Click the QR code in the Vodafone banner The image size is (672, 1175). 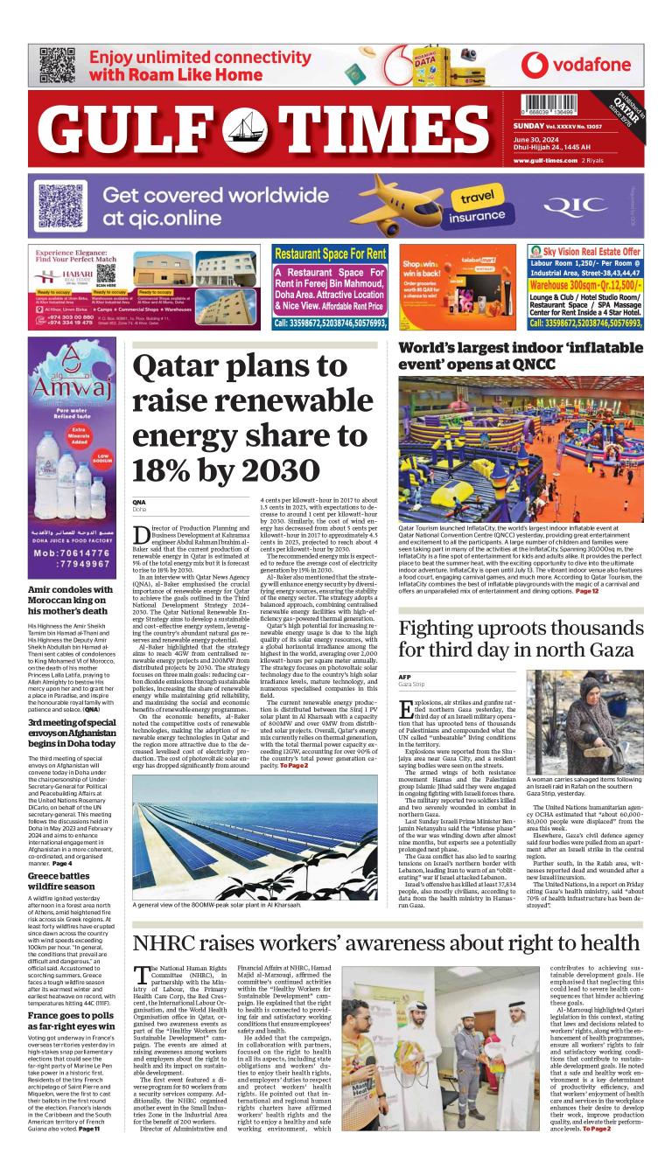(56, 64)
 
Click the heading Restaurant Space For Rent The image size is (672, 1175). (330, 254)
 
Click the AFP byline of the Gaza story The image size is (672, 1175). (404, 677)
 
